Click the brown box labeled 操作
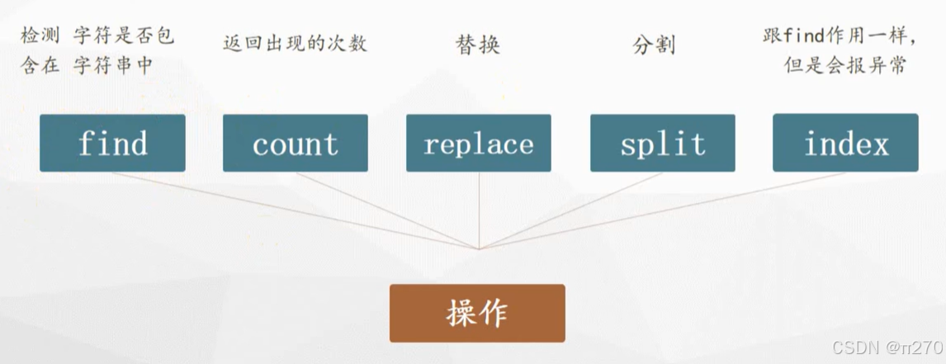coord(477,313)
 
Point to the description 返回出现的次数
coord(295,43)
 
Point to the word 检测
coord(40,38)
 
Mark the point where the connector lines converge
coord(478,248)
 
